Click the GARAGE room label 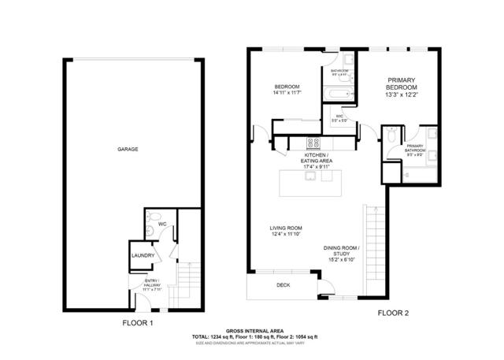[x=128, y=148]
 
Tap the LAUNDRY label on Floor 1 [x=142, y=255]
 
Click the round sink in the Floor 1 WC [x=150, y=231]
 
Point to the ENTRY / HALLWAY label [x=152, y=285]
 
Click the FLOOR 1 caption [x=138, y=323]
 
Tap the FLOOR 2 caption [x=393, y=314]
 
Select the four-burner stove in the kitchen [x=313, y=143]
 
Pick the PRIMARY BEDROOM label [x=401, y=85]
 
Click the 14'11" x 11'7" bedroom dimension [x=287, y=94]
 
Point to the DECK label [x=283, y=285]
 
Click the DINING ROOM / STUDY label [x=341, y=251]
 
